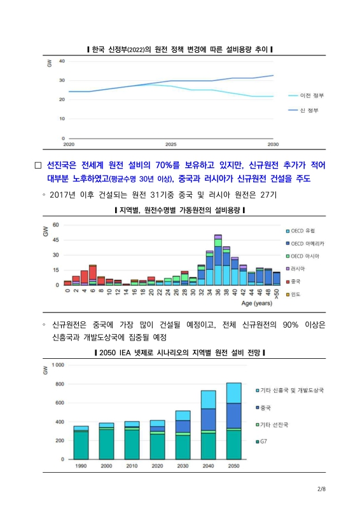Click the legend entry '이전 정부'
(312, 95)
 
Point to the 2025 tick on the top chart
(171, 144)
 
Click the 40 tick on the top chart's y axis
(61, 61)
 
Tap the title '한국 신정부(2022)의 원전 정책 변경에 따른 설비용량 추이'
(179, 50)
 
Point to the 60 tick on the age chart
(56, 225)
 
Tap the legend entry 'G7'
(265, 441)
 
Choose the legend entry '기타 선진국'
(275, 424)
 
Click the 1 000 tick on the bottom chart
(57, 365)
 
